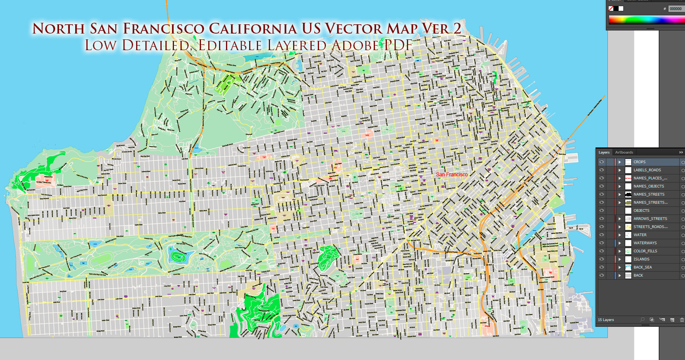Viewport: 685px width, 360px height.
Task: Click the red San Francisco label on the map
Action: click(452, 174)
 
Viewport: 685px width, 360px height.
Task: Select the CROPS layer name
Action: click(639, 162)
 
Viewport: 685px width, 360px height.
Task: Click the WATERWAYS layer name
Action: click(645, 243)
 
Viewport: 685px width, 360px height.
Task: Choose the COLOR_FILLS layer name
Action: click(645, 251)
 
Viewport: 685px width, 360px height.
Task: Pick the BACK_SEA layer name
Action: click(643, 267)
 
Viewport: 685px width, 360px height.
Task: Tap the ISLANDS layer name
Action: click(641, 259)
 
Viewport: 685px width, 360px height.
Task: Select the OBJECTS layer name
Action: click(641, 211)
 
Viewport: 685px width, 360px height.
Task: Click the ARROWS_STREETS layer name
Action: click(650, 219)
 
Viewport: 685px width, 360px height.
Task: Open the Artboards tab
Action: click(624, 152)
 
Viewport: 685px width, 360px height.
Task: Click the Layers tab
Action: click(604, 152)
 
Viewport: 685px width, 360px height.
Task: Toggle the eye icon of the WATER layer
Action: click(602, 235)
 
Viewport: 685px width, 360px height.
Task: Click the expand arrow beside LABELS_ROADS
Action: click(620, 170)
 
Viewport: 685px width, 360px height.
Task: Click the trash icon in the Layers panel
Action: click(682, 320)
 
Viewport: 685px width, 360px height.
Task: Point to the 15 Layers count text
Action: click(606, 320)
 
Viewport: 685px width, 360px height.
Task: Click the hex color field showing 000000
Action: click(675, 8)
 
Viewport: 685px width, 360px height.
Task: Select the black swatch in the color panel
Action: click(616, 8)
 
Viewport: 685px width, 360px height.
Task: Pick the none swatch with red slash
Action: click(611, 8)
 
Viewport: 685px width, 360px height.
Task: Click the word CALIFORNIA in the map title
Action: click(253, 29)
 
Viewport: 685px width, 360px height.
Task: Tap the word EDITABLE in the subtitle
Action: click(230, 46)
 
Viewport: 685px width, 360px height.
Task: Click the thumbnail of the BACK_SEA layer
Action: click(628, 267)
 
